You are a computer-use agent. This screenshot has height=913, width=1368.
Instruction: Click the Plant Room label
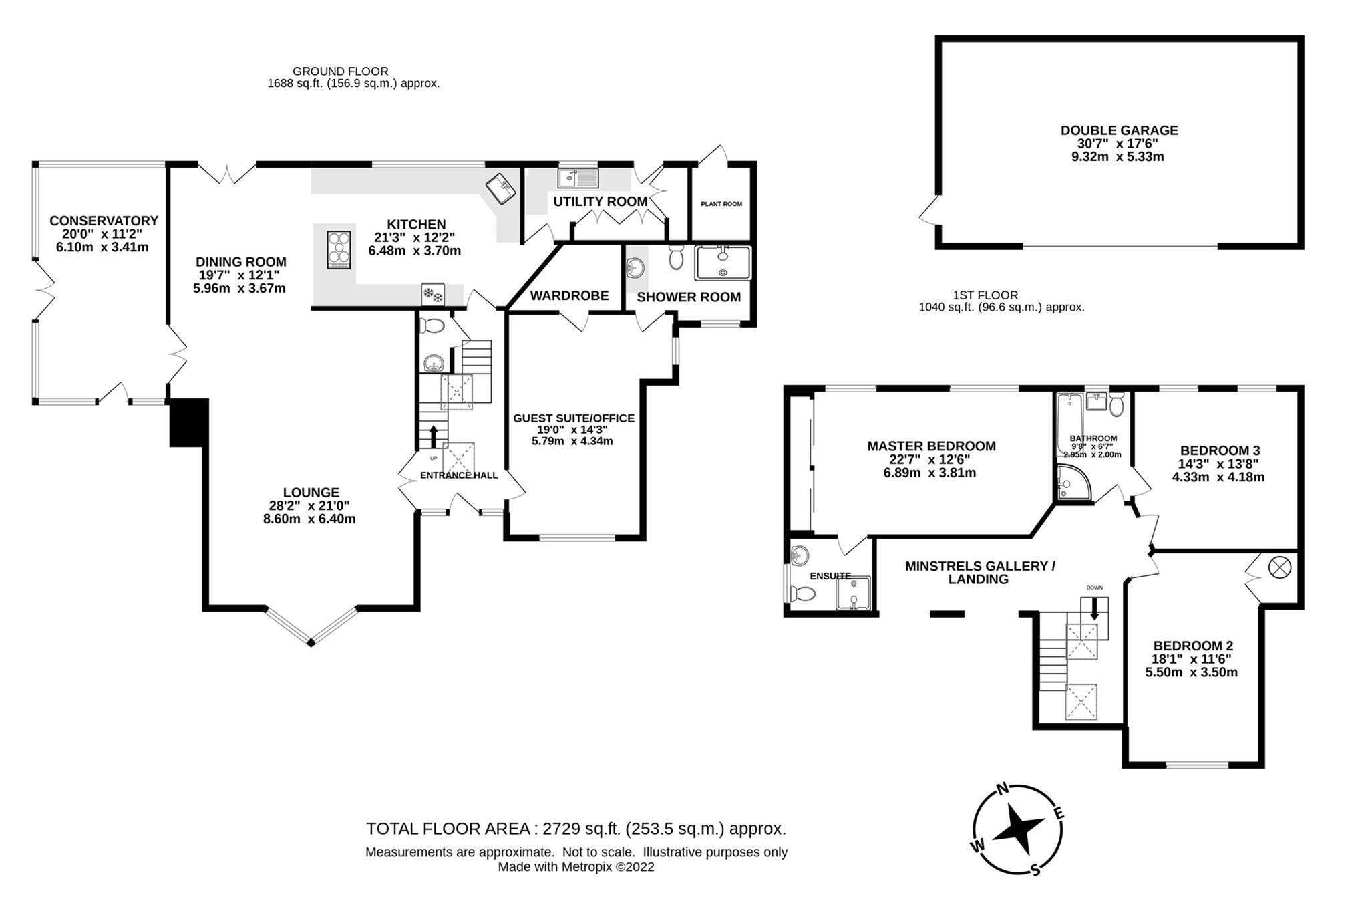point(721,204)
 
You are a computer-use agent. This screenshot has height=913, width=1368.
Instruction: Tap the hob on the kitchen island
point(339,249)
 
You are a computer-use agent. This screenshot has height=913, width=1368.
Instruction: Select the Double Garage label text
point(1119,130)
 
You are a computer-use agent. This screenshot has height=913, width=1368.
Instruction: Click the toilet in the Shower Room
point(676,257)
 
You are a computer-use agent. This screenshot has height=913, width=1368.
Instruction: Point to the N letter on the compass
point(1002,789)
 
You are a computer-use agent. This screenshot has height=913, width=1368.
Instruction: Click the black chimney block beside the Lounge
point(189,422)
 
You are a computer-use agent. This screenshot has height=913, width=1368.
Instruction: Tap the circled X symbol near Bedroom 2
point(1280,568)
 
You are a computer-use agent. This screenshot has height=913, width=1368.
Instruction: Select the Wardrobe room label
point(569,295)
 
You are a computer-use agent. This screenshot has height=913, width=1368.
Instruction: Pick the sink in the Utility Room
point(578,178)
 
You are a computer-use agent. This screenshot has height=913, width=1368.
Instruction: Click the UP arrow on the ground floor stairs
point(434,437)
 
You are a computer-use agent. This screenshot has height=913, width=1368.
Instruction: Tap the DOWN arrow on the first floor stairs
point(1094,609)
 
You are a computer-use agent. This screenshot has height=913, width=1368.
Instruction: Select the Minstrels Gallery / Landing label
point(979,573)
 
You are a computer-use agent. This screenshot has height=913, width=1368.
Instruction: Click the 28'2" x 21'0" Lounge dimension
point(309,506)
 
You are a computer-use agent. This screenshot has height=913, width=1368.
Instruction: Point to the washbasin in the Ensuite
point(799,555)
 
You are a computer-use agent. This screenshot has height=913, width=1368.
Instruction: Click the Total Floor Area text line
point(576,829)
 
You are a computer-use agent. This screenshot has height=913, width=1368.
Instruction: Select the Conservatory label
point(104,221)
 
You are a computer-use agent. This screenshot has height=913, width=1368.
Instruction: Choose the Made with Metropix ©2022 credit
point(576,867)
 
